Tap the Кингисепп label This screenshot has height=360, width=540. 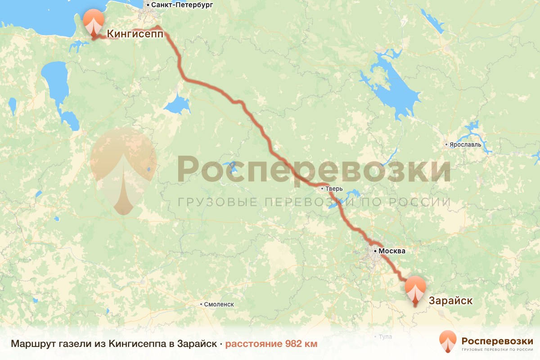pyautogui.click(x=135, y=34)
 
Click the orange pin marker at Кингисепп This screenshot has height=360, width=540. pyautogui.click(x=93, y=23)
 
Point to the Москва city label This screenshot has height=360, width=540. pyautogui.click(x=392, y=251)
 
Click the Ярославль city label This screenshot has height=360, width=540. pyautogui.click(x=465, y=145)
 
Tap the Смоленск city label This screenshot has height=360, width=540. pyautogui.click(x=219, y=304)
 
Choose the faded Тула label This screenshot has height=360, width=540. pyautogui.click(x=385, y=337)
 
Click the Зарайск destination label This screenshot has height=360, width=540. pyautogui.click(x=451, y=301)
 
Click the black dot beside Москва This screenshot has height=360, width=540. pyautogui.click(x=375, y=251)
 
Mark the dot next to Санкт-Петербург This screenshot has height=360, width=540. pyautogui.click(x=148, y=5)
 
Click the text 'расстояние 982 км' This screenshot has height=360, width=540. pyautogui.click(x=271, y=344)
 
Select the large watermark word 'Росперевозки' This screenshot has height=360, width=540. pyautogui.click(x=314, y=170)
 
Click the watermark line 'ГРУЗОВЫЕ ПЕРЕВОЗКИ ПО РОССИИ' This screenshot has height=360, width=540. pyautogui.click(x=314, y=202)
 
